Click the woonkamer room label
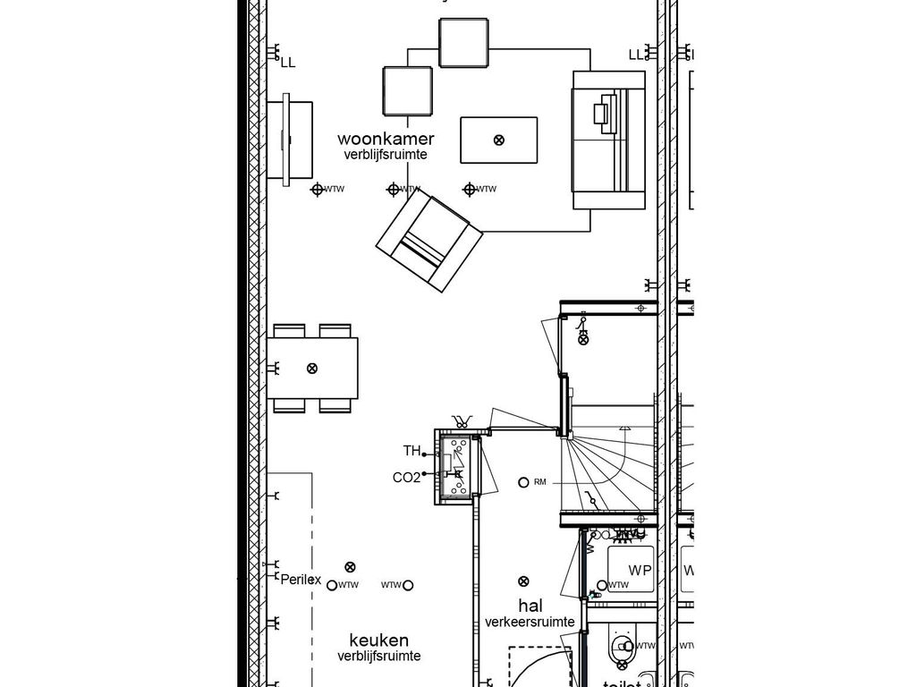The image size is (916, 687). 386,139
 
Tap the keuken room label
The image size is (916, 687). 378,640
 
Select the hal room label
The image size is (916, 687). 530,606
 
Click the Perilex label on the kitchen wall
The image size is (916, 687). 301,580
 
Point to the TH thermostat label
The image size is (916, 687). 411,451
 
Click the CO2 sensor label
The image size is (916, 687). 406,478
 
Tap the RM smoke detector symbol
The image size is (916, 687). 523,483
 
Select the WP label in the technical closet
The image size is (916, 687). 639,571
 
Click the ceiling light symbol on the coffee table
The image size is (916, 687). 499,140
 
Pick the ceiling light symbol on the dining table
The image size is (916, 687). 312,368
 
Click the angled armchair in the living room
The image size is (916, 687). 428,241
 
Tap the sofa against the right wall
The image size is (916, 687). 609,140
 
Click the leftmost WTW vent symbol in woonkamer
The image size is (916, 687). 317,189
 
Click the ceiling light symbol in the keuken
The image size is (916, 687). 350,566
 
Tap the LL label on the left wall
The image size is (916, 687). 287,63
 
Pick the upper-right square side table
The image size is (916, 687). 463,41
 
